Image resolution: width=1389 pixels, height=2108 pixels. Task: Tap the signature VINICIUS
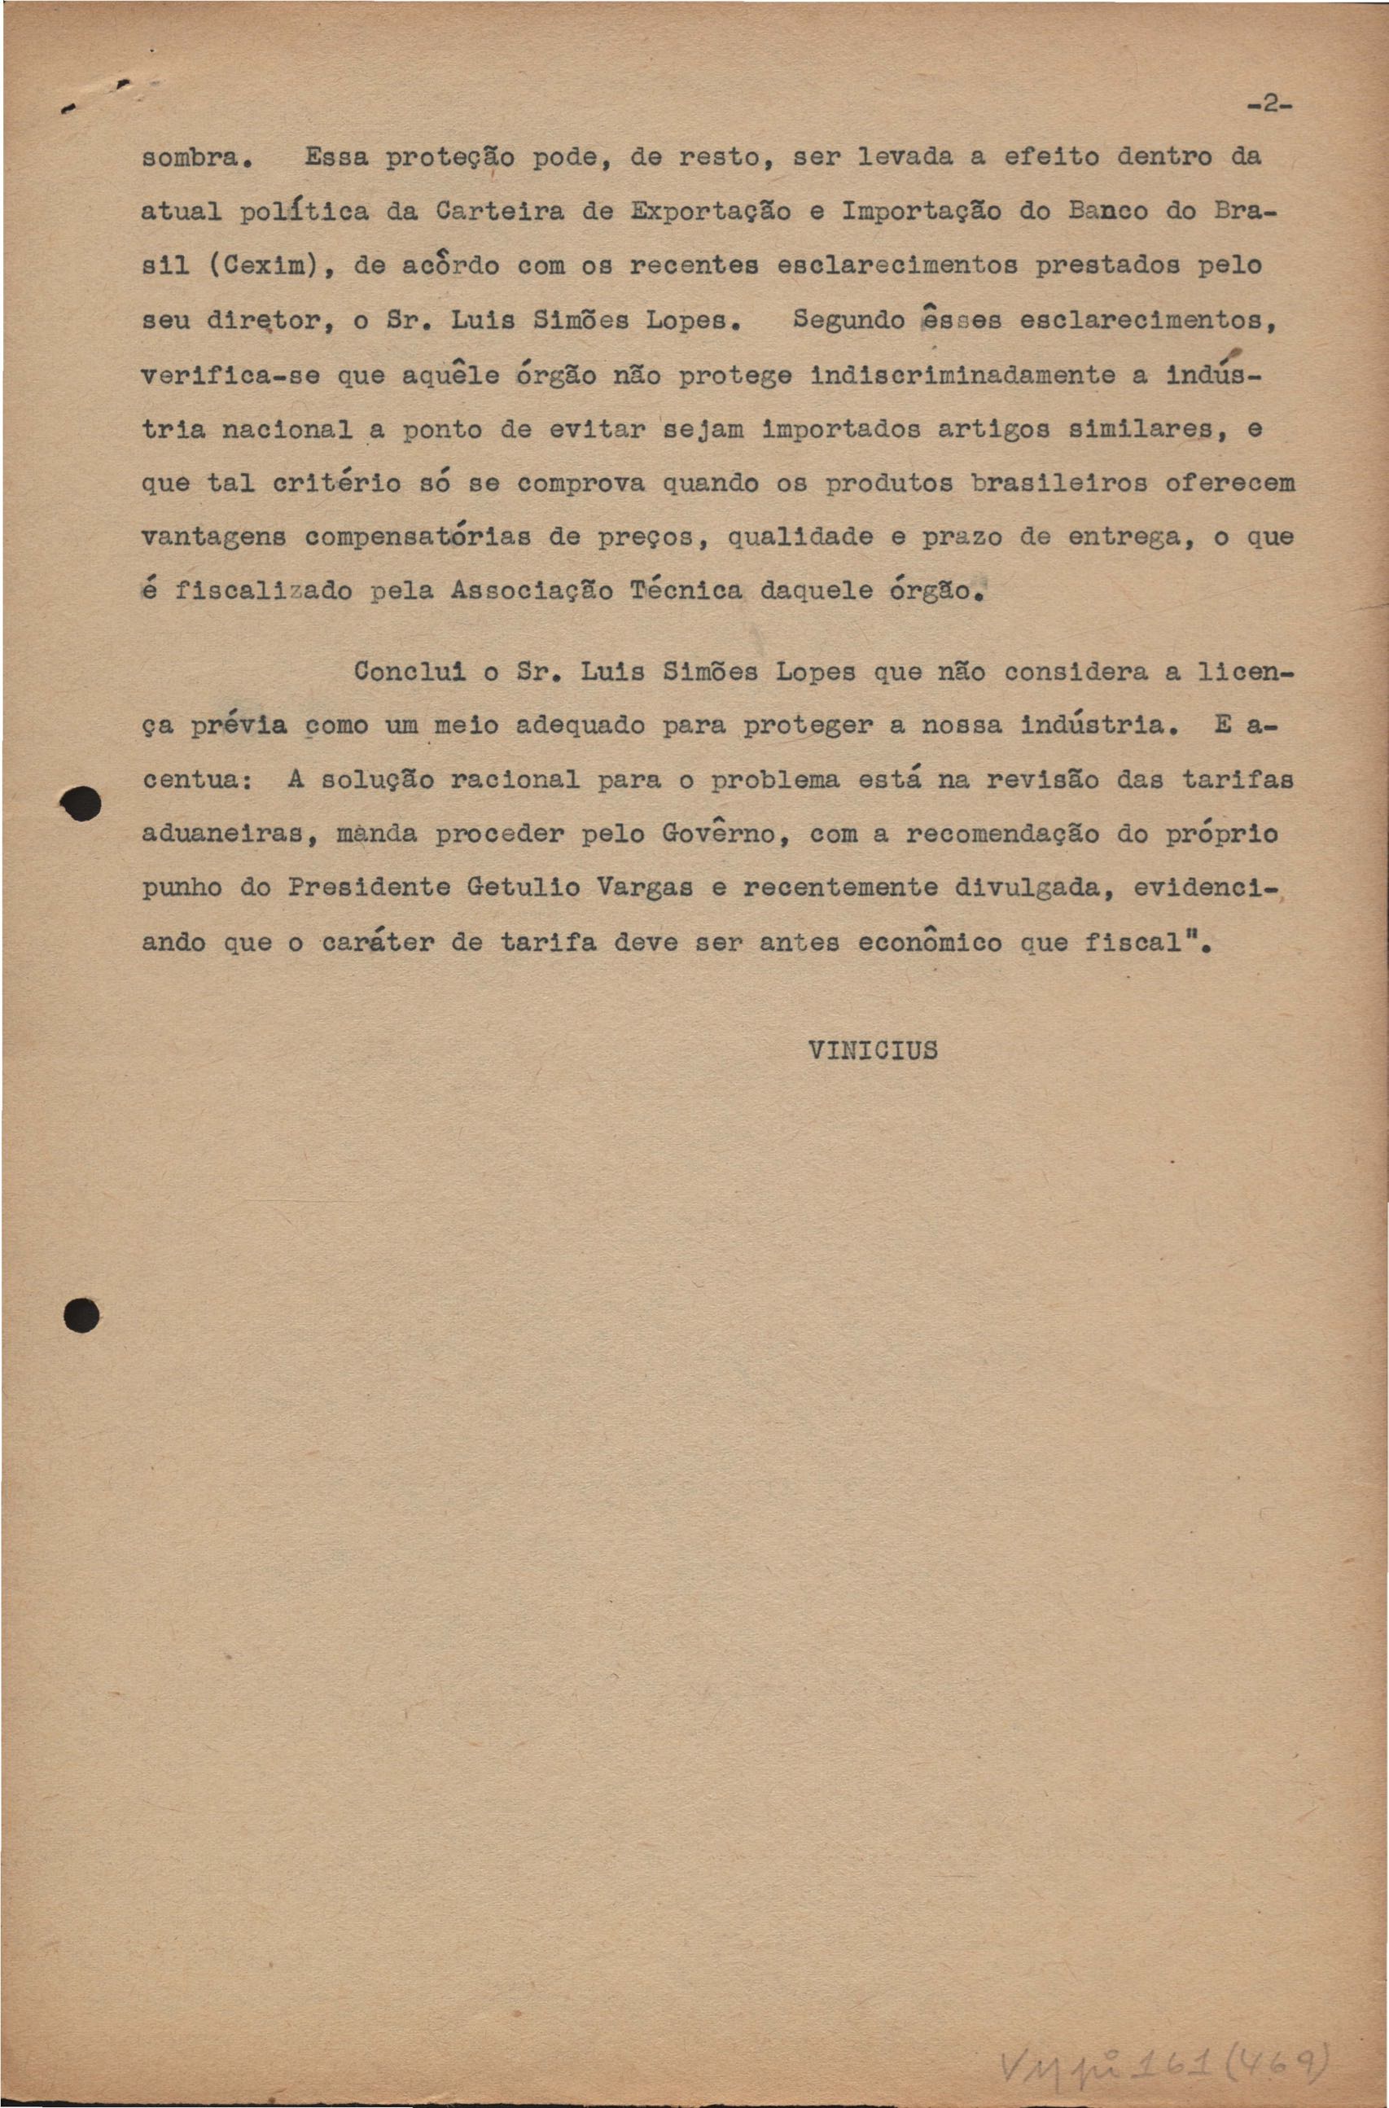pyautogui.click(x=873, y=1050)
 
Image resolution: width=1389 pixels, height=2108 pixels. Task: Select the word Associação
pyautogui.click(x=531, y=591)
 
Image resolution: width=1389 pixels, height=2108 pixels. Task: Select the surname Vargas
pyautogui.click(x=643, y=887)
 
